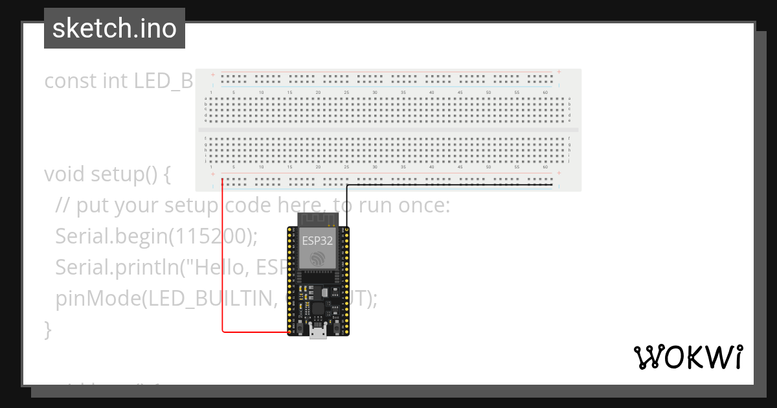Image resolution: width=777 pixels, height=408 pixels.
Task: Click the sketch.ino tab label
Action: point(115,28)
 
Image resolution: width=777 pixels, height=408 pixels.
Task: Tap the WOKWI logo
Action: point(688,357)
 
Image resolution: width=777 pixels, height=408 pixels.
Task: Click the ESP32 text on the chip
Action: point(317,240)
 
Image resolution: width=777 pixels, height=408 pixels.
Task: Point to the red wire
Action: point(223,259)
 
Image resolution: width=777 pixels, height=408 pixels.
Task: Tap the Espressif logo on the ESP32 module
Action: point(317,258)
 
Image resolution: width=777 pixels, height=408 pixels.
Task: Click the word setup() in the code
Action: point(129,174)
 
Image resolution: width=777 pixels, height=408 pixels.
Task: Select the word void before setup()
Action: point(65,174)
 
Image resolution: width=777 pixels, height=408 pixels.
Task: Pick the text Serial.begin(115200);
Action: point(156,236)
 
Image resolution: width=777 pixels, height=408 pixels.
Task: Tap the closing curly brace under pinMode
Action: point(47,329)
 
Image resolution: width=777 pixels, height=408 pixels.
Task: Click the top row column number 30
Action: point(374,93)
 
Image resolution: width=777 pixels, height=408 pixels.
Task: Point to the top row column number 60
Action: point(545,93)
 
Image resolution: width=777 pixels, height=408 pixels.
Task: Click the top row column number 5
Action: point(233,93)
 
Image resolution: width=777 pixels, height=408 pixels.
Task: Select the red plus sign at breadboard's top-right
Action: point(559,72)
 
